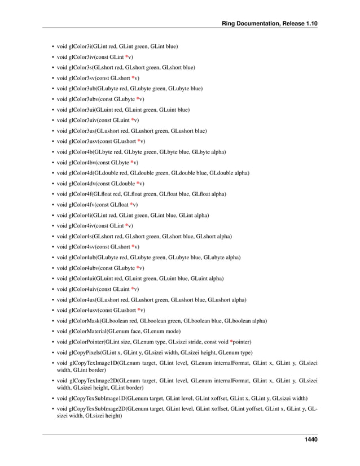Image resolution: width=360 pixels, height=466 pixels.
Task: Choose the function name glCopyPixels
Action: [84, 352]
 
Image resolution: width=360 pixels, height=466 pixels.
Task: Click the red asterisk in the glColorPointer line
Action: [231, 342]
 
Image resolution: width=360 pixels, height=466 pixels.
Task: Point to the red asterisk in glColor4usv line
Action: [139, 310]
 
